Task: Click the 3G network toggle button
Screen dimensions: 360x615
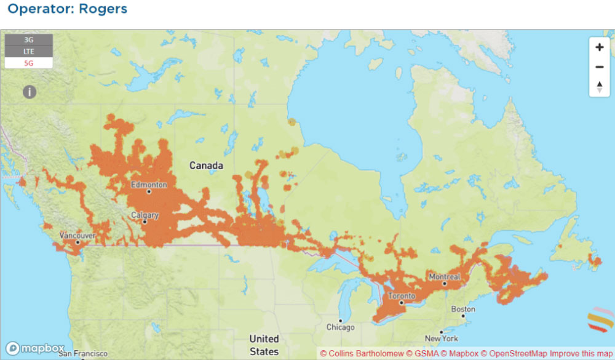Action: [28, 40]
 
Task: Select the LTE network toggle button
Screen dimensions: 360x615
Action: [28, 51]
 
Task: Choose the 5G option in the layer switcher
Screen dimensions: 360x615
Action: [28, 62]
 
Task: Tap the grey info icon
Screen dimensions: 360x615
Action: [30, 92]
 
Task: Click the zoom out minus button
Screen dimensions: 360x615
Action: [599, 67]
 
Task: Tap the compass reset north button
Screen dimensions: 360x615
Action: [599, 87]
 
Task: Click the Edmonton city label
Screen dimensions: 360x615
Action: [148, 185]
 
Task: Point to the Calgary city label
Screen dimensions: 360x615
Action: [145, 215]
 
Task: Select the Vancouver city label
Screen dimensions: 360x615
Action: [77, 236]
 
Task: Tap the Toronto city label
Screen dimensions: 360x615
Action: [401, 296]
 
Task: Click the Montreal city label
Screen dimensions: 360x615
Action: [444, 277]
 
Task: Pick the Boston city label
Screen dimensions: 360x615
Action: [463, 309]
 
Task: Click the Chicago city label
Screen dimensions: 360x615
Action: [340, 327]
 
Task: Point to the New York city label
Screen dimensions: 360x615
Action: [441, 338]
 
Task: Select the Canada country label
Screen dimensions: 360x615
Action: [206, 166]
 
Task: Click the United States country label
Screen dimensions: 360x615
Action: [264, 345]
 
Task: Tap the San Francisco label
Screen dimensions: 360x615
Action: [79, 354]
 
